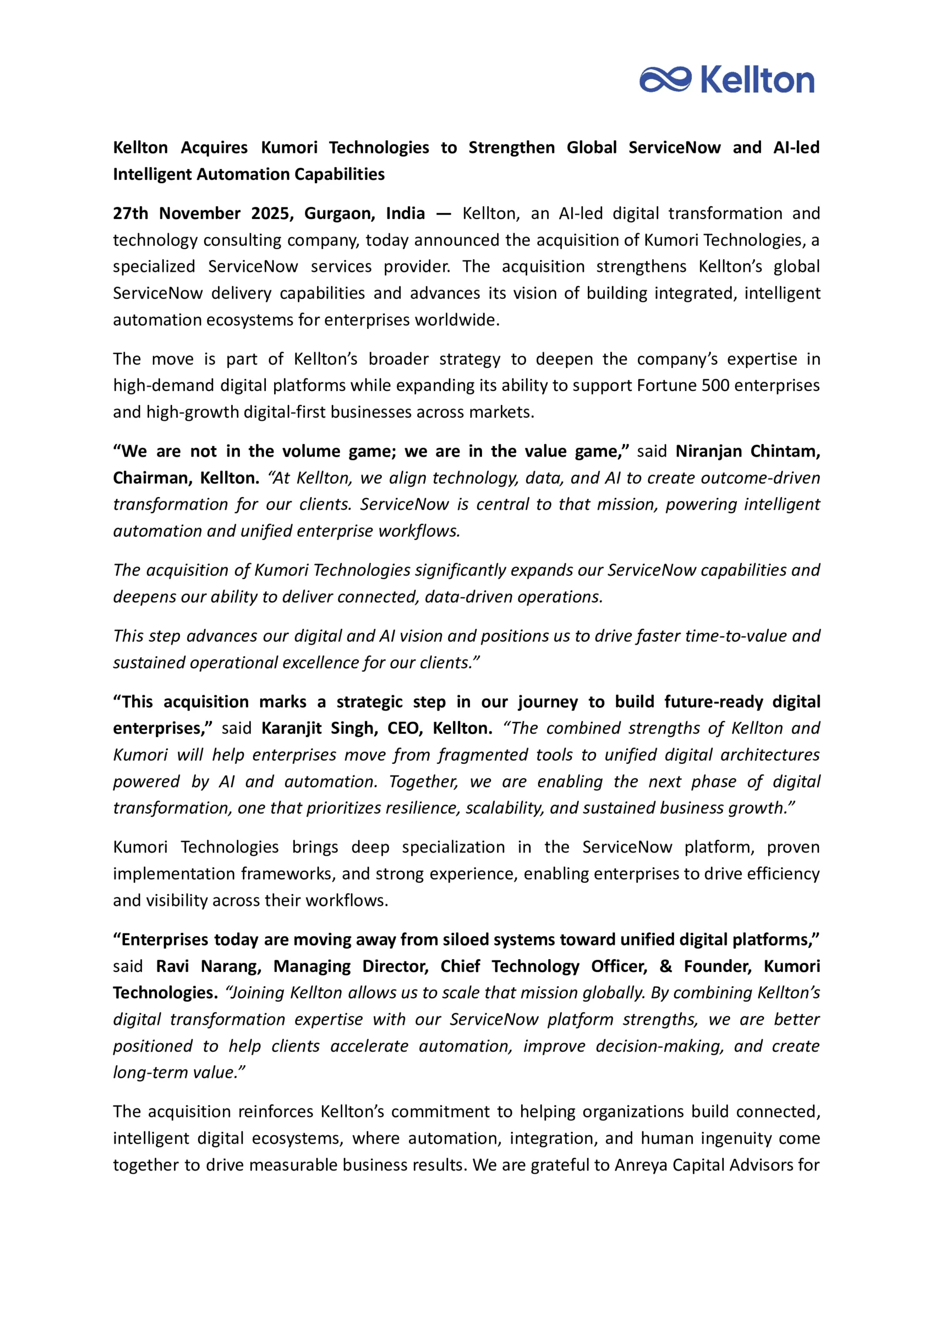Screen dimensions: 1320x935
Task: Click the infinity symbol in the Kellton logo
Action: point(665,79)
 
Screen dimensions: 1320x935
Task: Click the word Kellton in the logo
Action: point(758,80)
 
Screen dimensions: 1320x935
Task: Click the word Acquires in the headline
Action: point(214,147)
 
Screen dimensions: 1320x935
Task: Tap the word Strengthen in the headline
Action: point(511,147)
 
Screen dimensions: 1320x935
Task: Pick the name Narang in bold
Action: point(231,966)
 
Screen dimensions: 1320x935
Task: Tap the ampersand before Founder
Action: point(665,966)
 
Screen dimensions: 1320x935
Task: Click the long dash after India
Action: point(444,213)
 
